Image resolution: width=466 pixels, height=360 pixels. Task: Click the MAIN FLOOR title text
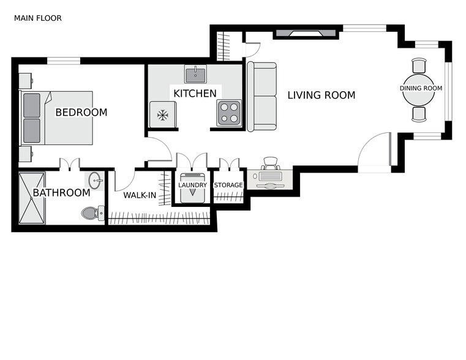coord(37,18)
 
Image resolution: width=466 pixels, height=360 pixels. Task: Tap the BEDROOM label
coord(81,113)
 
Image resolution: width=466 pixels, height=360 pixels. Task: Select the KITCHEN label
coord(195,94)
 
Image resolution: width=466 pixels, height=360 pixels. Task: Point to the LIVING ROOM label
coord(321,95)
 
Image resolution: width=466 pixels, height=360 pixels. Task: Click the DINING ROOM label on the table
coord(421,89)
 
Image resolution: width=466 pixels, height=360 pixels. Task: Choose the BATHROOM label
coord(61,193)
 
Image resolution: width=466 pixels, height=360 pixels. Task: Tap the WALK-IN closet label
coord(140,195)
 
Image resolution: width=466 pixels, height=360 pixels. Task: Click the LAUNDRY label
coord(192,185)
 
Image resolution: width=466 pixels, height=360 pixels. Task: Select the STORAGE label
coord(228,185)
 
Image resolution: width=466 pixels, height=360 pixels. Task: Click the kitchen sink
coord(195,75)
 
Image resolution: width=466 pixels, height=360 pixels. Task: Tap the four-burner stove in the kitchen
coord(229,113)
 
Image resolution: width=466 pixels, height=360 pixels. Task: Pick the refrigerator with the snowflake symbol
coord(163,114)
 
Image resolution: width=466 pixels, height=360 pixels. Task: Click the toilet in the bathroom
coord(91,213)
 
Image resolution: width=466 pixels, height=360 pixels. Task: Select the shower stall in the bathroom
coord(32,198)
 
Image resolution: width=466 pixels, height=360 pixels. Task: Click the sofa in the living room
coord(261,96)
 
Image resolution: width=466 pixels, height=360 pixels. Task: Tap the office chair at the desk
coord(270,163)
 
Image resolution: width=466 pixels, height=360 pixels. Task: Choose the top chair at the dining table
coord(419,66)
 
